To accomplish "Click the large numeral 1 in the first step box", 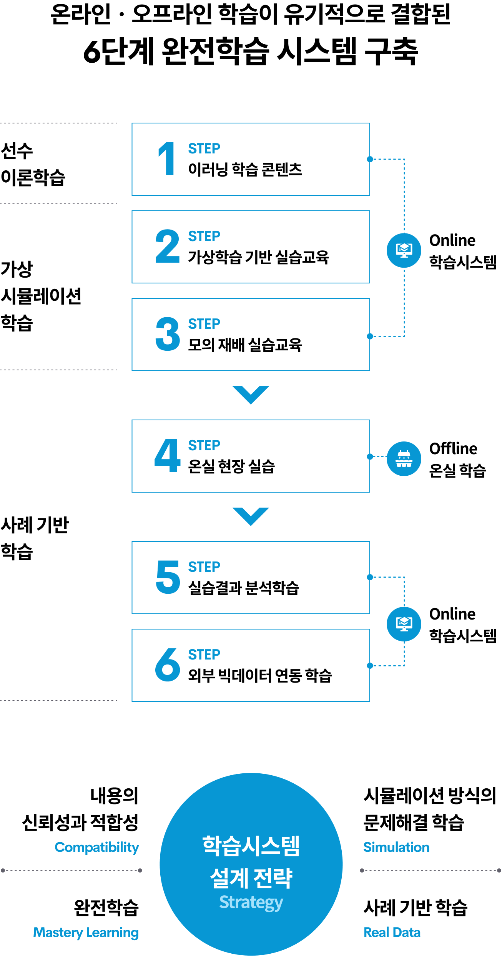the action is point(167,158).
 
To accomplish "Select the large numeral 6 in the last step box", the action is point(168,664).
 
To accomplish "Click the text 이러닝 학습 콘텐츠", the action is point(245,169).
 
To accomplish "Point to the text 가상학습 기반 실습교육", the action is point(258,257).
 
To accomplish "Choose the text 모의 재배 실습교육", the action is point(245,345).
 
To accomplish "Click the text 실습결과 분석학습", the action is point(243,588).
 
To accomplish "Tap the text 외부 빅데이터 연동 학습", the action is point(260,675).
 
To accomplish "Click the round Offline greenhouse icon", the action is point(404,458).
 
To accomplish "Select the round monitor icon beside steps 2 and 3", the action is point(404,250).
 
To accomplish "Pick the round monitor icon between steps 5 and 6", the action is point(404,624).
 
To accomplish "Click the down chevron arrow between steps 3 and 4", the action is point(251,395).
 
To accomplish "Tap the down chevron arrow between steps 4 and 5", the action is point(251,516).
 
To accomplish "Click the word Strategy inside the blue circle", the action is point(251,903).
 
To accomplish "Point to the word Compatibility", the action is point(97,848).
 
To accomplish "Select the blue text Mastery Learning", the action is point(86,933).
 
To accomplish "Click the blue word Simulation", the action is point(396,847).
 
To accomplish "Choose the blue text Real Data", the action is point(392,933).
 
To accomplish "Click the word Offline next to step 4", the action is point(453,448).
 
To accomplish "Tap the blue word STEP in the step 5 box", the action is point(204,567).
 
